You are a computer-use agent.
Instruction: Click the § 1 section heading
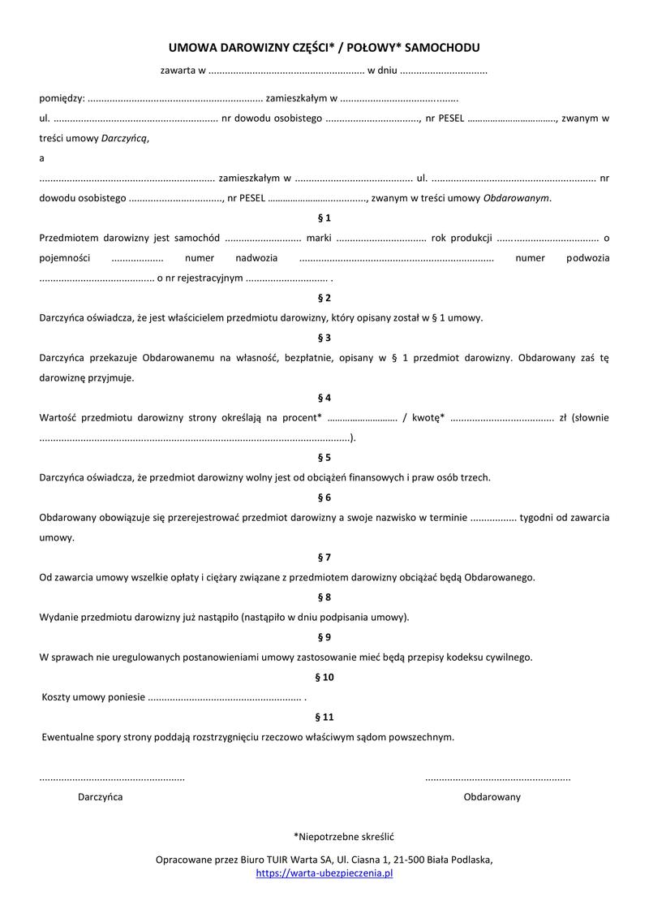(324, 218)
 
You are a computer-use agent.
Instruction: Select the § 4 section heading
(324, 398)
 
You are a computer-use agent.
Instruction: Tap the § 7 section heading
(324, 558)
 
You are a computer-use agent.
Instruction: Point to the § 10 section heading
(324, 677)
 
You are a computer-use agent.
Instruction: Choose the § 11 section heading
(324, 717)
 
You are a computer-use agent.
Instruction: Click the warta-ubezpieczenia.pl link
(324, 873)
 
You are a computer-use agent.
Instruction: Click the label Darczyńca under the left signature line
(101, 797)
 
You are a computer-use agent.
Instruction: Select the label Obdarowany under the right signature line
(492, 797)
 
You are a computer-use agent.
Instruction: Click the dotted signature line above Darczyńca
(112, 778)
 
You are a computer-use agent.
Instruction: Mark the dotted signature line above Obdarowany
(497, 778)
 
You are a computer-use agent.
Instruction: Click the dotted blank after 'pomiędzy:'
(174, 99)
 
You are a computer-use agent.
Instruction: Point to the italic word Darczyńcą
(125, 138)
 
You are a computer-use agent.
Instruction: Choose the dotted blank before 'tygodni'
(493, 518)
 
